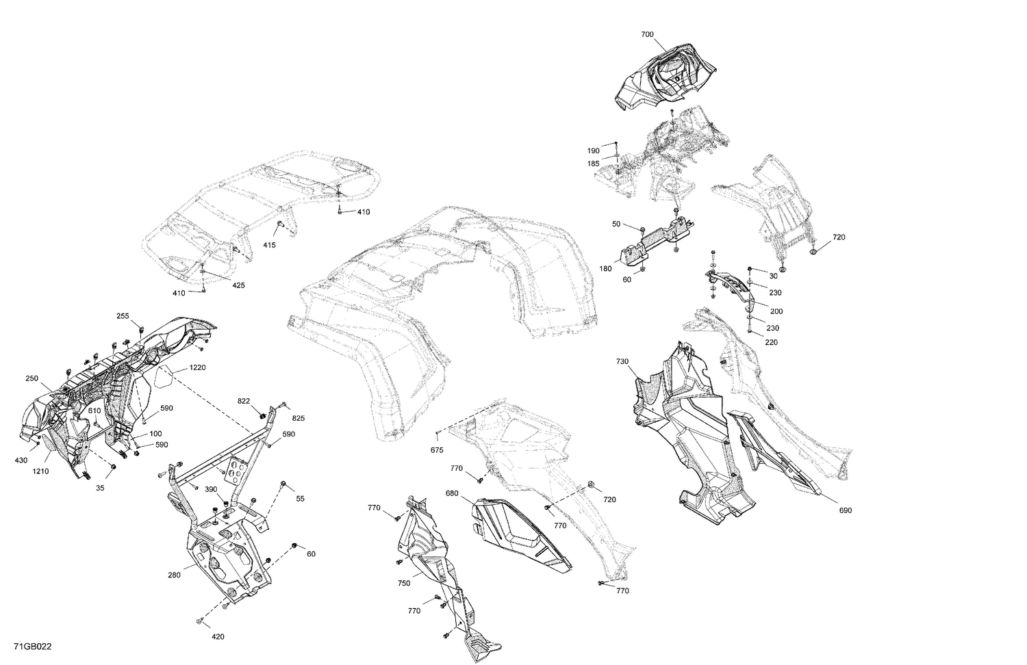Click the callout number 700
click(x=647, y=34)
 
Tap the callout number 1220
click(x=198, y=368)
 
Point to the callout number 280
click(x=175, y=575)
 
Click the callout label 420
click(x=218, y=637)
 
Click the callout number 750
click(x=404, y=584)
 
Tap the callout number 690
click(x=845, y=510)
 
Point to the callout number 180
click(x=605, y=269)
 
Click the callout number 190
click(x=593, y=151)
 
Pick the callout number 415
click(x=269, y=245)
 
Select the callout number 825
click(x=298, y=417)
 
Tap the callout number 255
click(x=123, y=316)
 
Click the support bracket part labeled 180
click(x=654, y=239)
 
